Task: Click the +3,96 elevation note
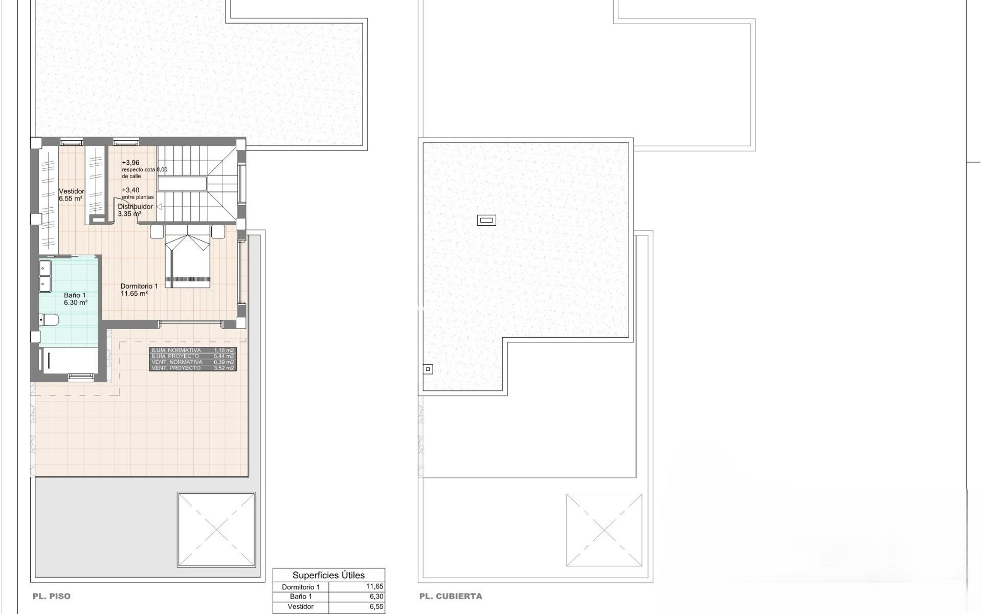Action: point(130,163)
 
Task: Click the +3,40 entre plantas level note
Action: point(130,190)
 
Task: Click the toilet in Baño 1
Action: point(50,320)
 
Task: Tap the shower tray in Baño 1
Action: point(70,361)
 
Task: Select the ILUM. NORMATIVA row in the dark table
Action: point(176,350)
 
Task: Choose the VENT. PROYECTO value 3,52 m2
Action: point(224,368)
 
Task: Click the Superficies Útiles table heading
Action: point(328,575)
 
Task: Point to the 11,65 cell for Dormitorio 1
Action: point(374,587)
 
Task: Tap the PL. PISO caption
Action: point(52,596)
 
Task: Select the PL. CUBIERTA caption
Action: point(451,596)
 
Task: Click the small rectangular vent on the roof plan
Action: point(486,221)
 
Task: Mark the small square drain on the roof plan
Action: point(428,369)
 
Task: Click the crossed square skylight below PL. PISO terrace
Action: point(216,530)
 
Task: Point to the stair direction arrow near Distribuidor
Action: point(159,207)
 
